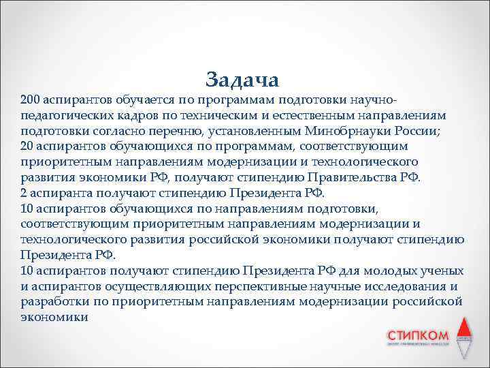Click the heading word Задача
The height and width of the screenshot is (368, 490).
[242, 79]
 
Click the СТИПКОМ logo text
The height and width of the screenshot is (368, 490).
[417, 335]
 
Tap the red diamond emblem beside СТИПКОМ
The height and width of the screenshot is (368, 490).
[463, 337]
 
